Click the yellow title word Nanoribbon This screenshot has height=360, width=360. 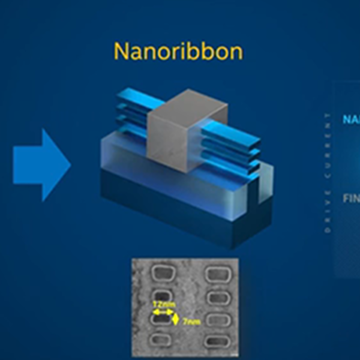point(179,52)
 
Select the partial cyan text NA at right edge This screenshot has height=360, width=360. point(350,119)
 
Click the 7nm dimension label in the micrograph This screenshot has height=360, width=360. point(191,323)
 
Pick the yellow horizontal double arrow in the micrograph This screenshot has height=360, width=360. point(161,313)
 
